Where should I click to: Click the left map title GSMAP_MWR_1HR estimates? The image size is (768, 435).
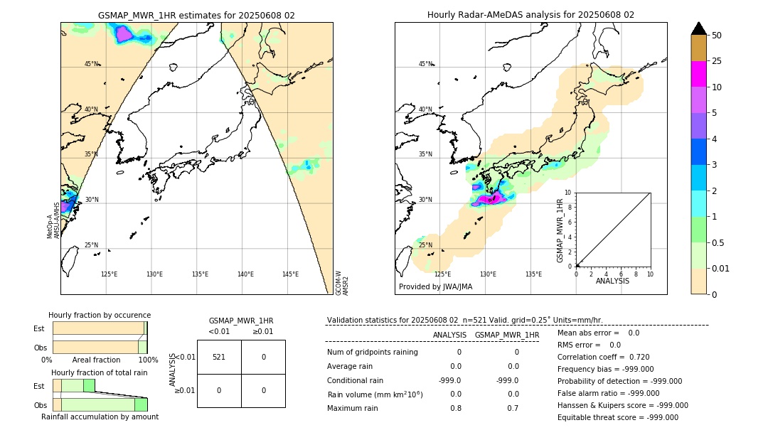click(196, 15)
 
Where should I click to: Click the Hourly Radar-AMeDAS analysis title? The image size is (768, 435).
click(530, 15)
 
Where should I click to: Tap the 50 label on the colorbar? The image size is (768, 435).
click(717, 36)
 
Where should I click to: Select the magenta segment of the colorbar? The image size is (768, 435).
click(698, 74)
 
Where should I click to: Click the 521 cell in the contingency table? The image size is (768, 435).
click(219, 357)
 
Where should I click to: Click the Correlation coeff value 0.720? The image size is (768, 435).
click(633, 357)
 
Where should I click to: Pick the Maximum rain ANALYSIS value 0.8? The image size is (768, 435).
click(455, 408)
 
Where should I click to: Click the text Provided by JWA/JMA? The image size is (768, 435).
click(435, 286)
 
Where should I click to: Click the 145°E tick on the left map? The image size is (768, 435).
click(290, 274)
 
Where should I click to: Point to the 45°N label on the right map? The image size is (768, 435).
click(425, 64)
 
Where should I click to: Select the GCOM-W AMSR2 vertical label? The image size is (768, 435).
click(342, 281)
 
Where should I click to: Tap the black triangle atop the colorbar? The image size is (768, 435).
click(698, 28)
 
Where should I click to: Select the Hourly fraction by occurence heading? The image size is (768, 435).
click(100, 315)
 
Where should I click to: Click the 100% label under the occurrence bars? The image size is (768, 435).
click(148, 360)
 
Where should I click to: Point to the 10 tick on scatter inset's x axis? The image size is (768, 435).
click(650, 274)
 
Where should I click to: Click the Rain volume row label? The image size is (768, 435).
click(375, 394)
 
